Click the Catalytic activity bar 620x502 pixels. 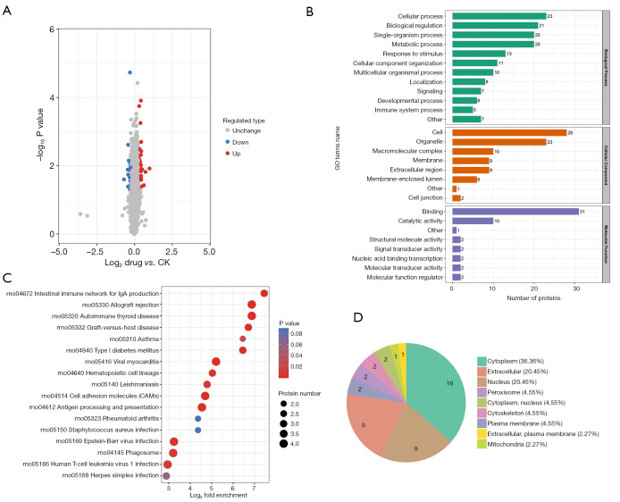click(x=472, y=221)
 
